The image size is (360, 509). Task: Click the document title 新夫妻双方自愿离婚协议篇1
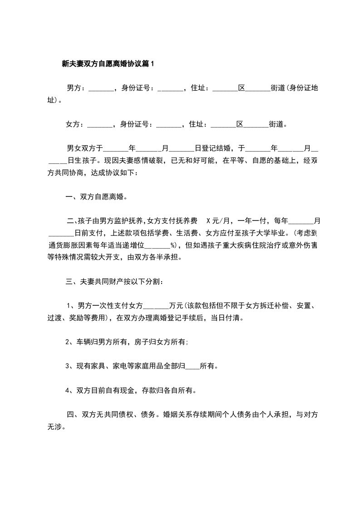point(108,64)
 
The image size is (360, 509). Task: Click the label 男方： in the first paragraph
point(76,88)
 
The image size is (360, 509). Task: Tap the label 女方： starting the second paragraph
point(75,124)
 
